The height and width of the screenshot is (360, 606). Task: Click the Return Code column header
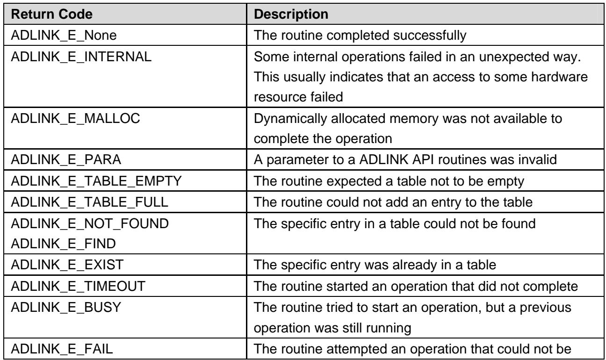tap(52, 14)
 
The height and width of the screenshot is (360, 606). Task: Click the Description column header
tap(291, 14)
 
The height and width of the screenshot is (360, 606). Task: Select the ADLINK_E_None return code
tap(64, 36)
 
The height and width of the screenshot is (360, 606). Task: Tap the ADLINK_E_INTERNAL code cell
tap(81, 57)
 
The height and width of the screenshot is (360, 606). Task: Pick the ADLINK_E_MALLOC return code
tap(75, 118)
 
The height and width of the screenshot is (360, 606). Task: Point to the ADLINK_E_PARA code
tap(66, 159)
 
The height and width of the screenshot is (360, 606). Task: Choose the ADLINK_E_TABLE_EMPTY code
tap(96, 181)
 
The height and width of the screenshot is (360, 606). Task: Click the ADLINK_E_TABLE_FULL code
tap(90, 202)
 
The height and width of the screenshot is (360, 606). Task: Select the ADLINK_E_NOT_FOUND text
tap(90, 223)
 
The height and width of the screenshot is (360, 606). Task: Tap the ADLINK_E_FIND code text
tap(63, 244)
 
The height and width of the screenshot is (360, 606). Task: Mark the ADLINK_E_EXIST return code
tap(67, 265)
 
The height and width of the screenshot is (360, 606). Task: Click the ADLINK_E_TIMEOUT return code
tap(78, 286)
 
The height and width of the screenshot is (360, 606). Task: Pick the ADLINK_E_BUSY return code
tap(66, 308)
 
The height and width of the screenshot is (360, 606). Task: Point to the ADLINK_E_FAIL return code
tap(62, 349)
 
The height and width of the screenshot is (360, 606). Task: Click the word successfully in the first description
tap(430, 36)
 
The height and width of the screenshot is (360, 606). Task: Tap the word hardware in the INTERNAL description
tap(559, 77)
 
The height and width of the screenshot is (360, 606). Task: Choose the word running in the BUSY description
tap(389, 328)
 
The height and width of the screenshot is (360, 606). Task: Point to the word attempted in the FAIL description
tap(355, 349)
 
